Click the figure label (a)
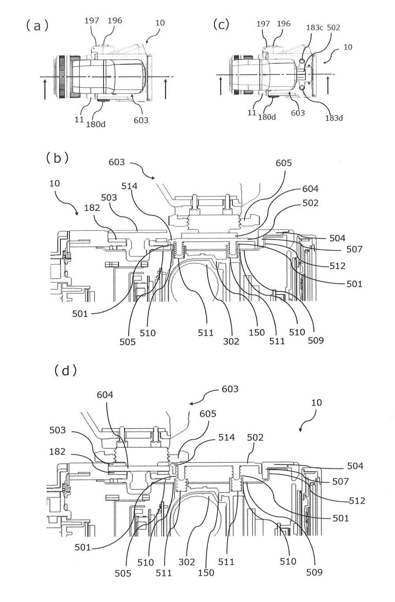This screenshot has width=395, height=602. [x=37, y=26]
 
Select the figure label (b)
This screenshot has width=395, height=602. [x=57, y=157]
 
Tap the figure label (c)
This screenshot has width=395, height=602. [x=221, y=24]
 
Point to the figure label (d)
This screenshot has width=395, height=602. [x=66, y=370]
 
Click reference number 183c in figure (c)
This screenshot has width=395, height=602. [x=314, y=27]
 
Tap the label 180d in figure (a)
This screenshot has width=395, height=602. [x=96, y=124]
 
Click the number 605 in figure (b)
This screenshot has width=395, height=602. [x=284, y=163]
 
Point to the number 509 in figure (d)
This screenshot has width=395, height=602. [x=314, y=572]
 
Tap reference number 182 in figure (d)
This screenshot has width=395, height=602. [x=57, y=452]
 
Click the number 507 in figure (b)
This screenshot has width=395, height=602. [x=354, y=249]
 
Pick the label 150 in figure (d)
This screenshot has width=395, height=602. [x=206, y=572]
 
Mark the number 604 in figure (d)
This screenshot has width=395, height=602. [x=105, y=395]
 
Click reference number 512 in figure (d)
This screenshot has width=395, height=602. [x=357, y=500]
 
